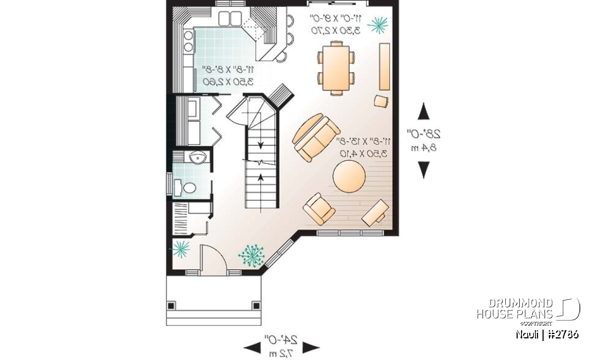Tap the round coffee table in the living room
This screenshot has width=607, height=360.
[348, 175]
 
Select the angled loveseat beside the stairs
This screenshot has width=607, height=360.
[314, 137]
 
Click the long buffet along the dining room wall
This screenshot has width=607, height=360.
[384, 66]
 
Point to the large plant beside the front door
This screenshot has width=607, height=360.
[252, 255]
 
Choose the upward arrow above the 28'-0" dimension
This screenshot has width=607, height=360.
[424, 111]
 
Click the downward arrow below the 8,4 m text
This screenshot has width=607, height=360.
[424, 169]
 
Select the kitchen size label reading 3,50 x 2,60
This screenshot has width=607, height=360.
[228, 82]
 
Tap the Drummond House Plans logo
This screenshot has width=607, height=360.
[527, 309]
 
